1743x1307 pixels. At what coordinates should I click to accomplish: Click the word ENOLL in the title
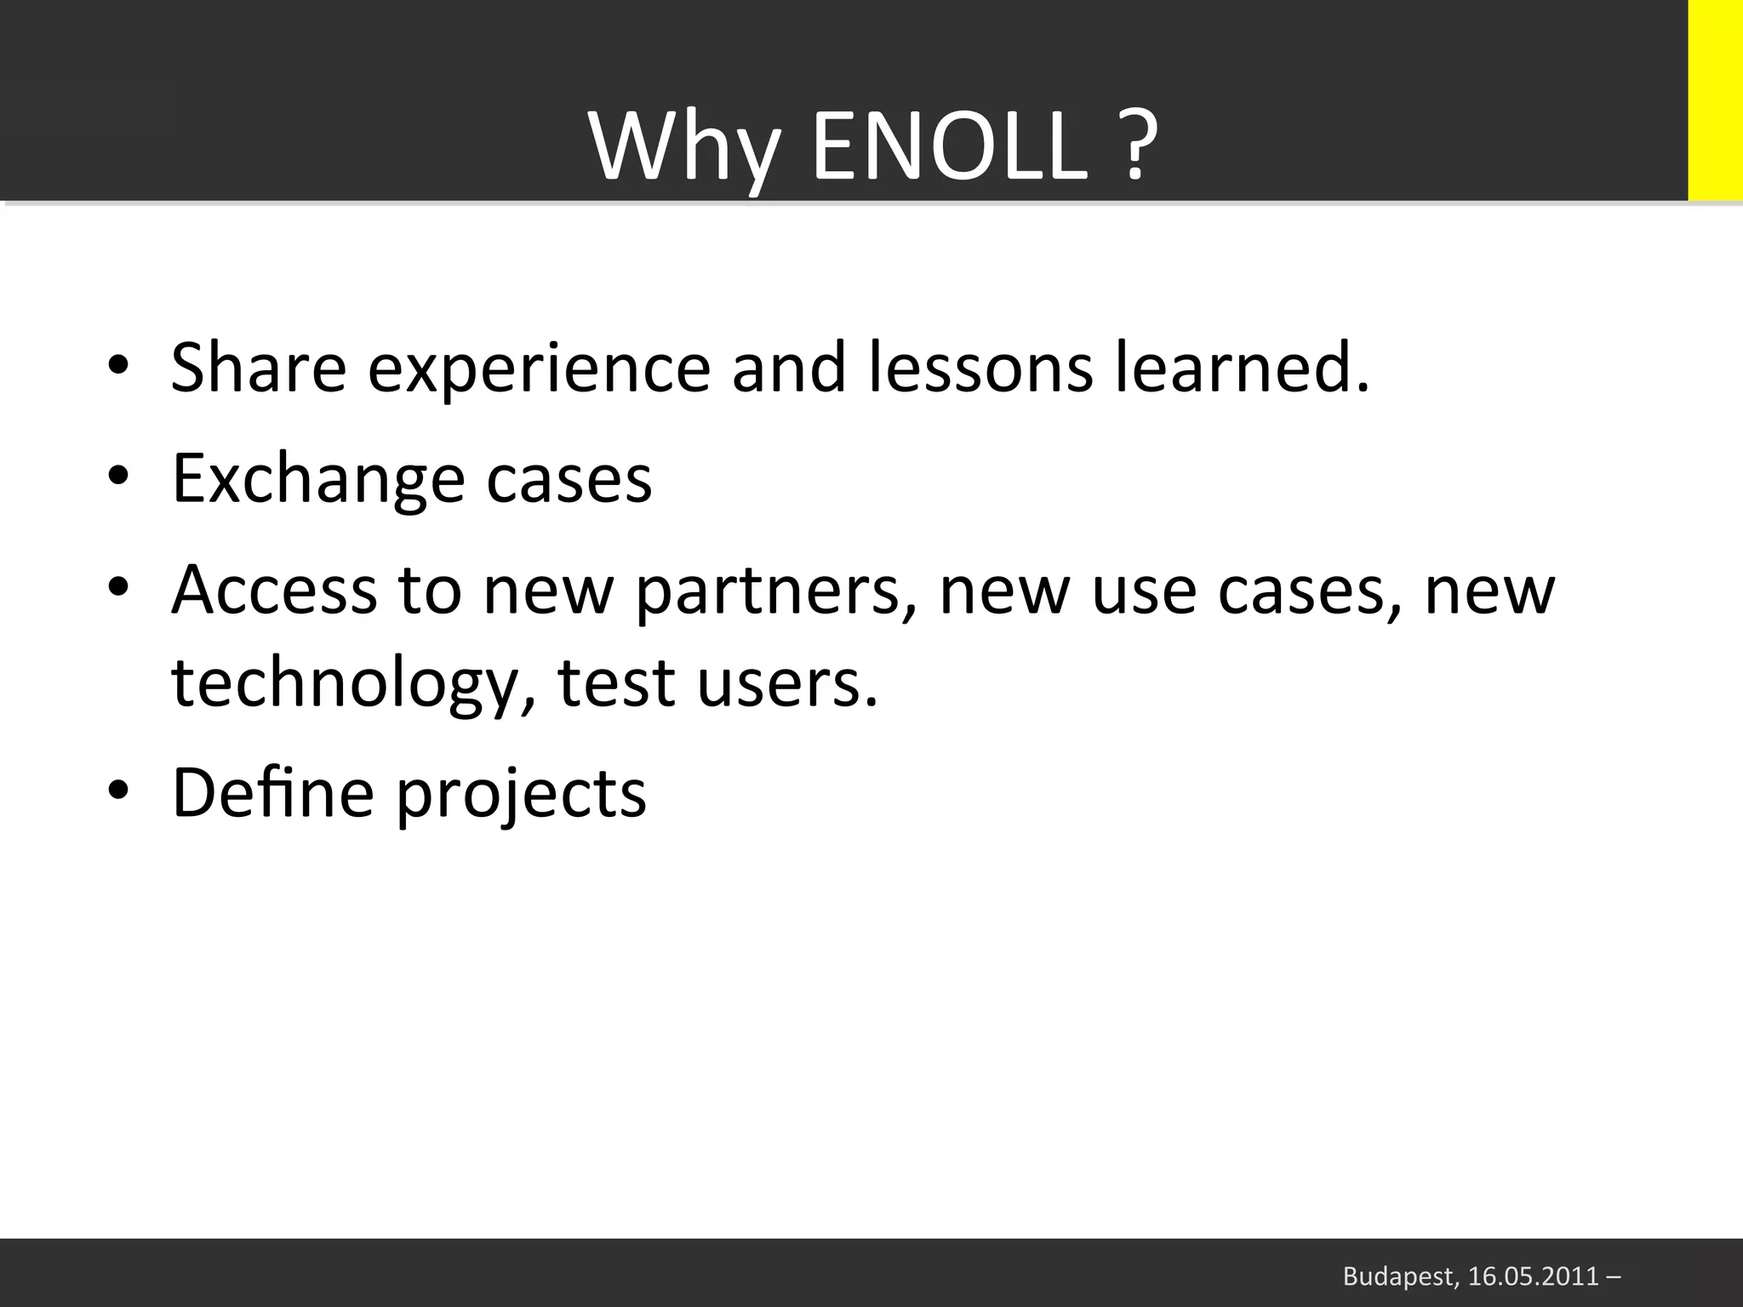click(950, 148)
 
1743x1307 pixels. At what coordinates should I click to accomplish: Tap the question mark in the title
click(1134, 146)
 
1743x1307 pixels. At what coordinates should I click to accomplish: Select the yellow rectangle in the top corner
click(1714, 100)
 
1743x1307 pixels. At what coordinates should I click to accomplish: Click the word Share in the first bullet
click(259, 368)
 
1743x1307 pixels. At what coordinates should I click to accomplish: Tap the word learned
click(1243, 368)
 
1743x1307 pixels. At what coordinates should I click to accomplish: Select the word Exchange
click(318, 480)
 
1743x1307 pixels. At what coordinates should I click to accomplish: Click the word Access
click(273, 591)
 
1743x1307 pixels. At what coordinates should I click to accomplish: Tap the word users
click(786, 684)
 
